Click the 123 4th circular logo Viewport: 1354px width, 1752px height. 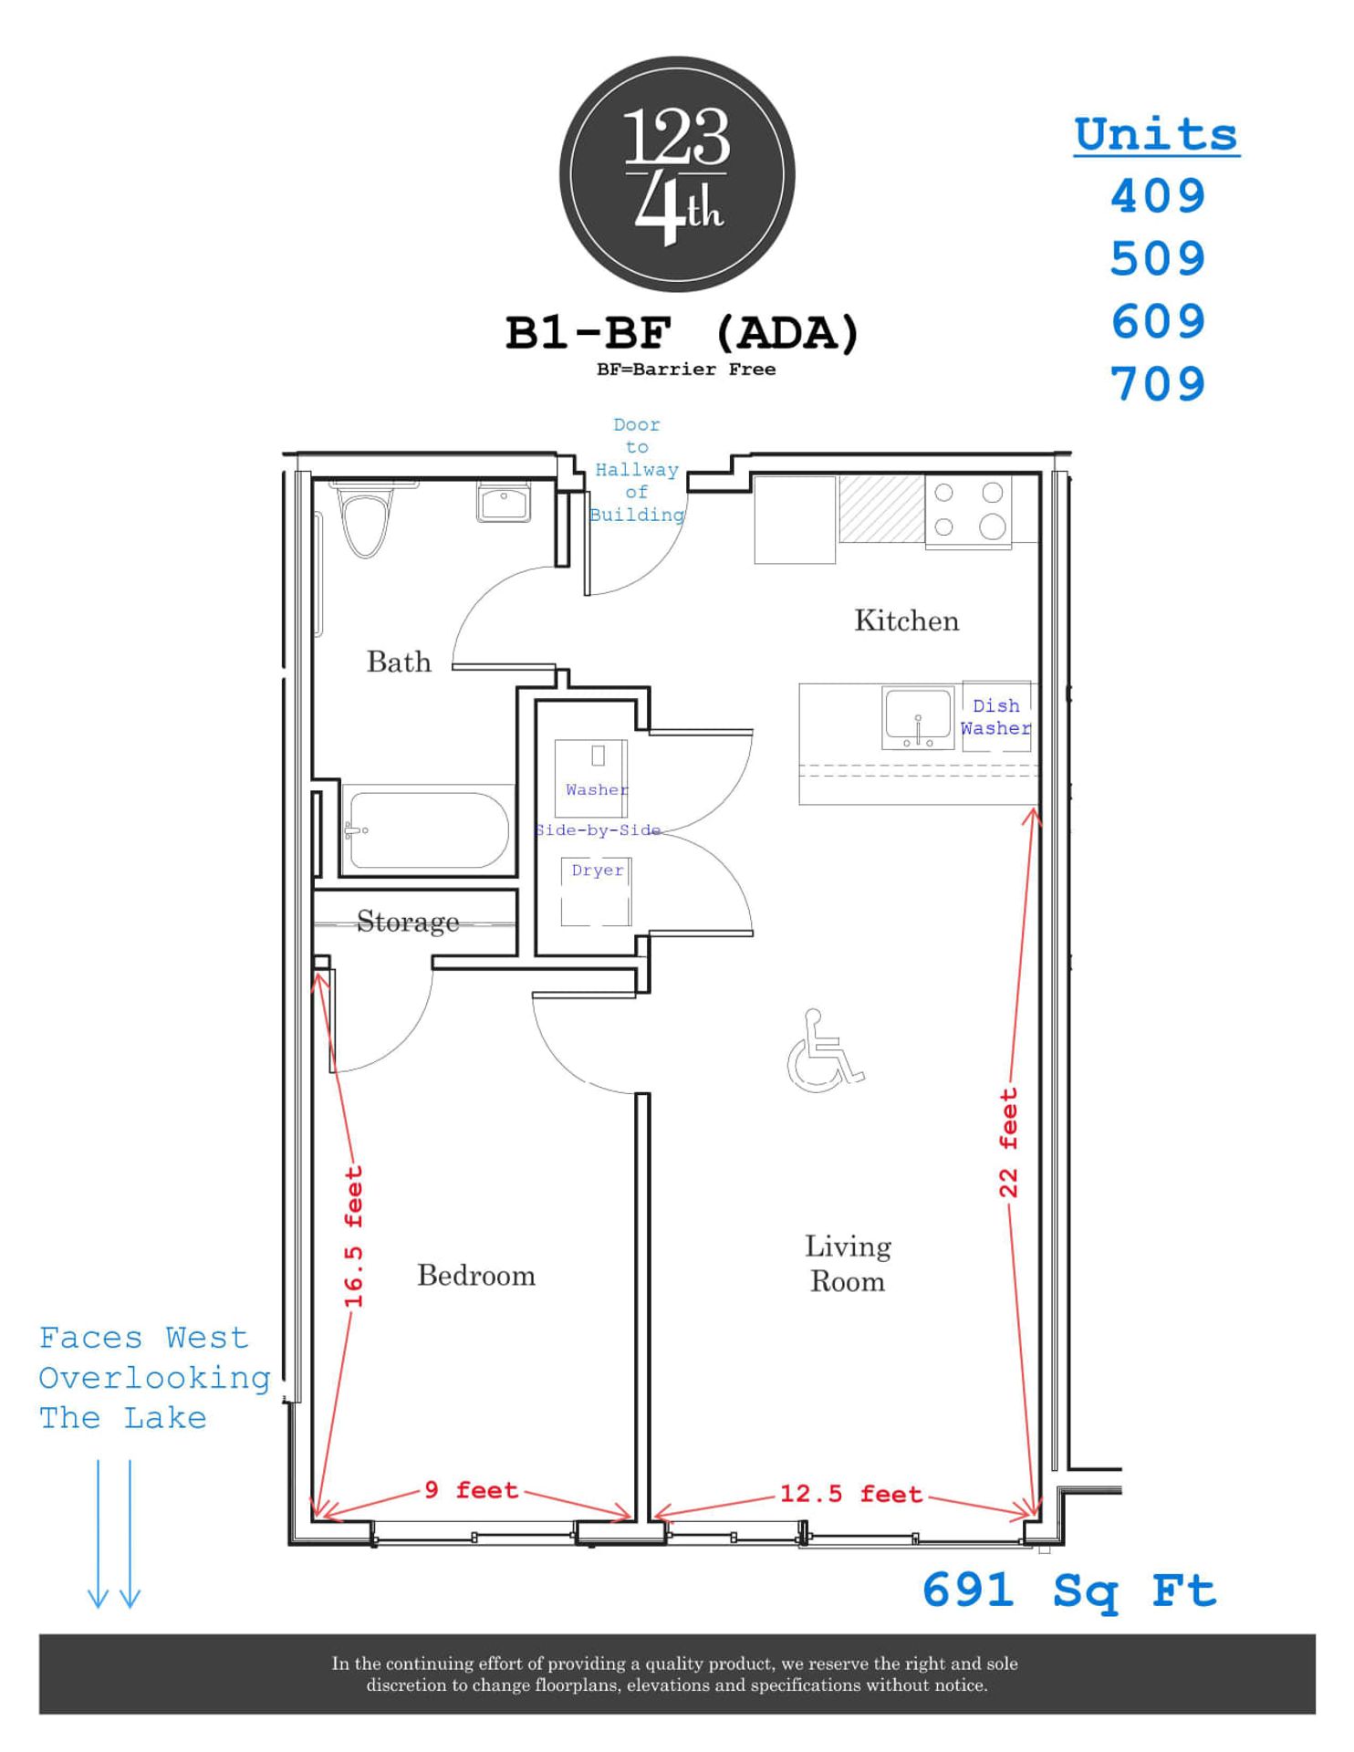676,174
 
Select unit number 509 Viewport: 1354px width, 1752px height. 1157,259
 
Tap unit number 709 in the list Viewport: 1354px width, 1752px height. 1157,384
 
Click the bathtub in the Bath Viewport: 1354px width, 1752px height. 427,829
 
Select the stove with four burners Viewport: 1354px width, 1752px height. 967,511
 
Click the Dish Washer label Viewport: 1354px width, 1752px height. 995,717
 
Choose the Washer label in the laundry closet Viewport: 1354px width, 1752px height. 597,789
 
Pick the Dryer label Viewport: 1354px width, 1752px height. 598,871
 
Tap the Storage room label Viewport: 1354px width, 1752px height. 407,922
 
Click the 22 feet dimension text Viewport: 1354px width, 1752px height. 1007,1142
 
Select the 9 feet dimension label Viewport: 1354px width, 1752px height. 472,1490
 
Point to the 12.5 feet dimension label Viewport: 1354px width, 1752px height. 850,1494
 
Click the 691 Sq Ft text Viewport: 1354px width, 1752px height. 1069,1590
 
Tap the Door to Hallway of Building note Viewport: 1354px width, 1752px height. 636,470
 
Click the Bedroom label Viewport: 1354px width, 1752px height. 475,1275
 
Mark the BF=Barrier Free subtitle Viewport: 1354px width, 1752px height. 685,370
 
